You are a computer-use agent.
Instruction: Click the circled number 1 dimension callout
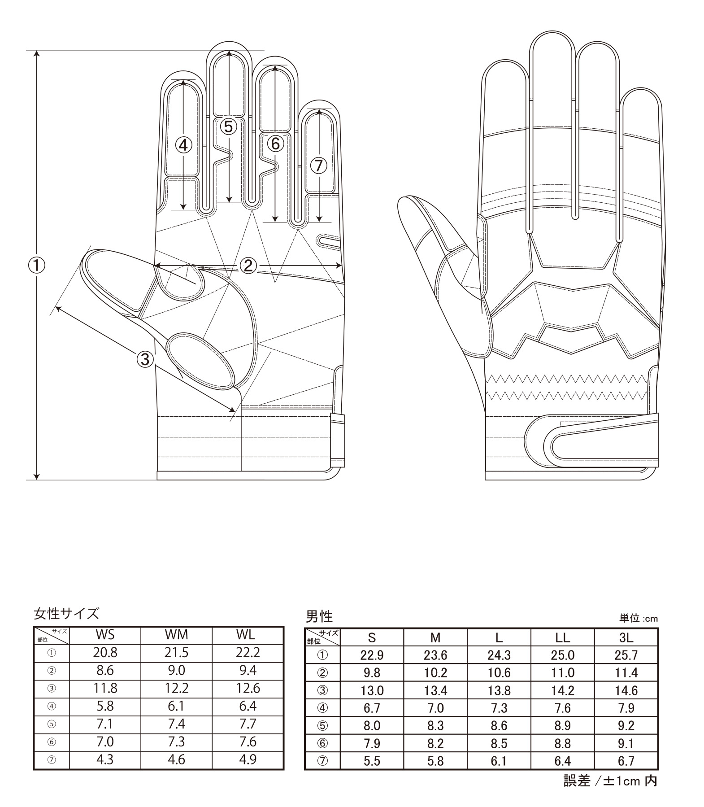tap(37, 266)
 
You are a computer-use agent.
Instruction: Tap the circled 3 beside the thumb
tap(145, 358)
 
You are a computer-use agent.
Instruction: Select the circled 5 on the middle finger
tap(229, 127)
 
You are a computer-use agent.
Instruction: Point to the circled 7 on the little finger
tap(319, 166)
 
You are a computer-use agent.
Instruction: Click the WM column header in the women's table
tap(176, 634)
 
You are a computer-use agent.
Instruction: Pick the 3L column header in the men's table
tap(626, 637)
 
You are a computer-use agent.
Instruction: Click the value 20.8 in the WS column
tap(105, 652)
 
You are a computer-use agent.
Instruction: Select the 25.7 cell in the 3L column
tap(626, 655)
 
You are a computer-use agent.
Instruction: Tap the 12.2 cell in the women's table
tap(176, 688)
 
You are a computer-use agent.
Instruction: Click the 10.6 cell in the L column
tap(499, 673)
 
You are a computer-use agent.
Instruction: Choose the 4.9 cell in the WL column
tap(248, 759)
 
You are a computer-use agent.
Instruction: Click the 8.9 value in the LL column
tap(562, 726)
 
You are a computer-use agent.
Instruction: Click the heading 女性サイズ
tap(66, 613)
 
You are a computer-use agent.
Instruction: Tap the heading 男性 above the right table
tap(319, 616)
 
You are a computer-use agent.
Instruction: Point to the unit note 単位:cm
tap(639, 619)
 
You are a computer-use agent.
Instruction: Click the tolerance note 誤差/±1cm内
tap(610, 781)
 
